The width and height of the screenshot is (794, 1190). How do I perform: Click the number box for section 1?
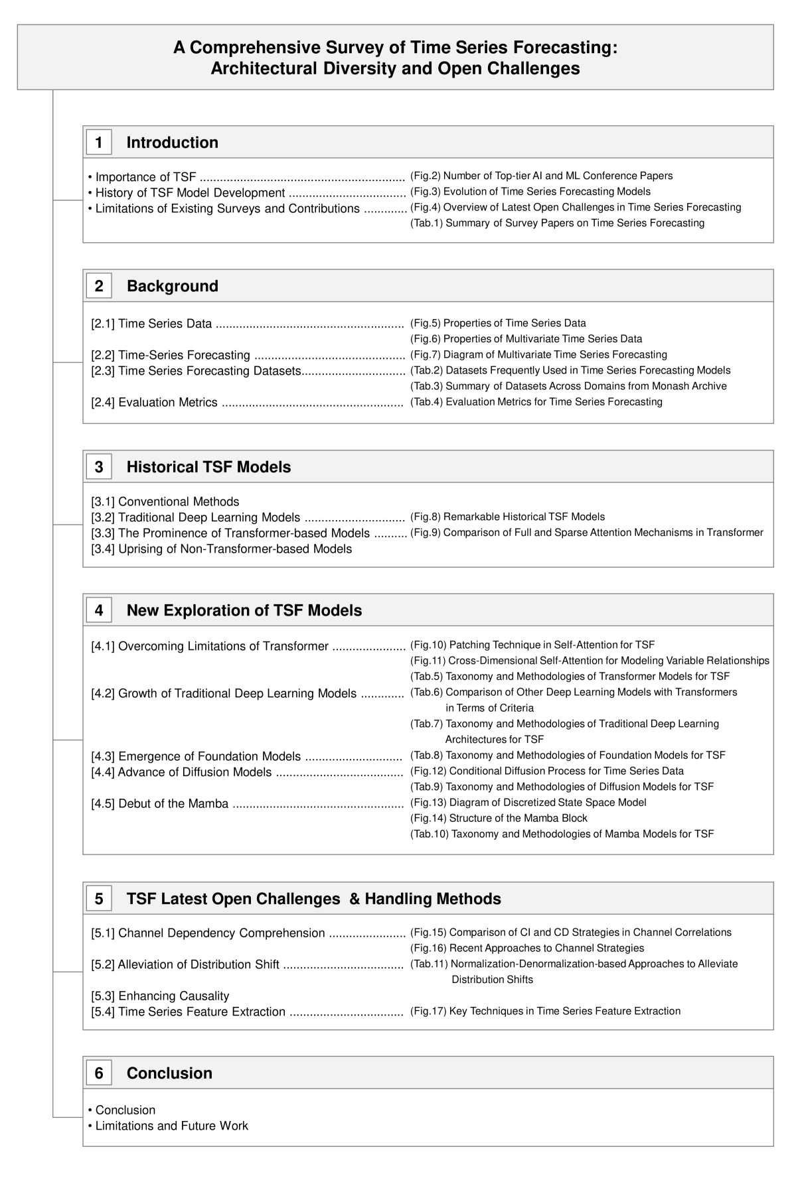(x=99, y=143)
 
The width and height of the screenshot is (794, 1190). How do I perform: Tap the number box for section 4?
(x=99, y=610)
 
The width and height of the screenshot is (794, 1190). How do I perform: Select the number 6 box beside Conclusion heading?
(x=99, y=1073)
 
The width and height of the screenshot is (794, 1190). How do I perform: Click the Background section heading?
(x=172, y=286)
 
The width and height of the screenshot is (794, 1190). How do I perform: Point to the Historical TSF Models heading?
(x=208, y=467)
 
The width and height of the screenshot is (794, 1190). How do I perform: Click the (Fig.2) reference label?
(x=426, y=176)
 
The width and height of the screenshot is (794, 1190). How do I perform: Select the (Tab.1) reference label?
(x=427, y=223)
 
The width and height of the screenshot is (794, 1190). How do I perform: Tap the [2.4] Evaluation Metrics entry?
(x=154, y=402)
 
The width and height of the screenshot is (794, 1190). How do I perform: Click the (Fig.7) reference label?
(x=426, y=355)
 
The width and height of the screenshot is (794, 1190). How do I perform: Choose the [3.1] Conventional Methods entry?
(x=165, y=501)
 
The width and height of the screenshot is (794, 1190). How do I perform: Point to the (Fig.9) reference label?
(x=426, y=533)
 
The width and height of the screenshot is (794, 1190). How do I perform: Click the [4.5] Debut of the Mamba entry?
(x=159, y=803)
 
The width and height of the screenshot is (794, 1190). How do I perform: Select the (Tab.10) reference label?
(x=430, y=834)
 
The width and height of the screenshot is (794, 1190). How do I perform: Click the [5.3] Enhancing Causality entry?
(x=160, y=996)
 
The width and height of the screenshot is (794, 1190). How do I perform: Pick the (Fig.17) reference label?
(x=428, y=1011)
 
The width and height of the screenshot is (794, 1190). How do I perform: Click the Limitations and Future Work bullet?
(x=171, y=1126)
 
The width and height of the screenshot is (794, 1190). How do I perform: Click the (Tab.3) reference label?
(x=427, y=386)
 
